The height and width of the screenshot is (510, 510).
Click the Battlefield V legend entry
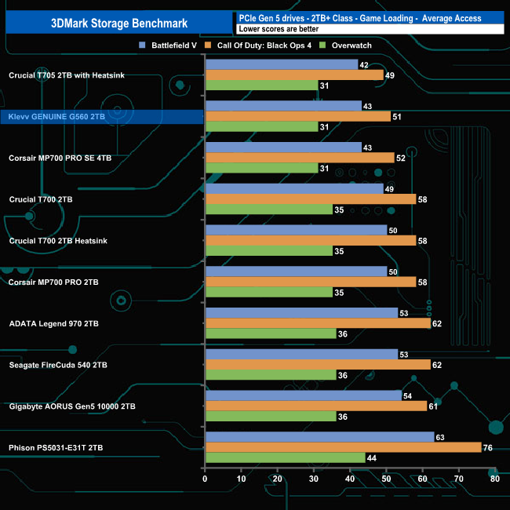coord(168,46)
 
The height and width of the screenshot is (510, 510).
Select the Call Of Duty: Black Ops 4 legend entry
coord(264,46)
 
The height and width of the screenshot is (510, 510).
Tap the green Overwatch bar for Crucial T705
coord(261,85)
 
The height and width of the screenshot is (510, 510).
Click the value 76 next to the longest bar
coord(489,447)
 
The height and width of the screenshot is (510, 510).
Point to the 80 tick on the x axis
coord(494,479)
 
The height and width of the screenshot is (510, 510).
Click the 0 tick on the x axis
coord(205,479)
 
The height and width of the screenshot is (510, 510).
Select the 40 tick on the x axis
coord(349,479)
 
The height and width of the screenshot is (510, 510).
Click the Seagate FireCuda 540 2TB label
coord(58,365)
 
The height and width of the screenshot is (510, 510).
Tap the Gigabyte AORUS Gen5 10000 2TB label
coord(72,406)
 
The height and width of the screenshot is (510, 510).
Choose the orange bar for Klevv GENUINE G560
coord(297,116)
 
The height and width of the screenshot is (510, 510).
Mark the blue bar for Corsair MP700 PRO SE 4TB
coord(282,148)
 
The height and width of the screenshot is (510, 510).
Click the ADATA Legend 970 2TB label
coord(53,323)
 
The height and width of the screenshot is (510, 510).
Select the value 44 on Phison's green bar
coord(373,457)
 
